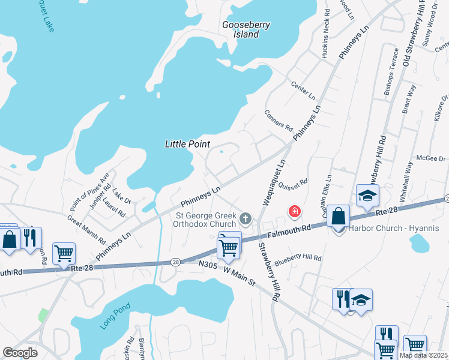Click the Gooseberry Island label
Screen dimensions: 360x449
pos(246,29)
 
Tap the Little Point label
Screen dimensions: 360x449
pos(188,144)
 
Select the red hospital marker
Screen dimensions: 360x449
pos(294,211)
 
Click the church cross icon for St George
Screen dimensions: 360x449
pos(245,217)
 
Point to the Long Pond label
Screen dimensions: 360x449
pos(113,317)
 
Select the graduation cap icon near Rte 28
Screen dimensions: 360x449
pos(367,196)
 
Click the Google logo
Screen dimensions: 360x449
pos(20,353)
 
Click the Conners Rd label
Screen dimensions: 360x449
pos(277,120)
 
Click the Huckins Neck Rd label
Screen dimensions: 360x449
pos(325,34)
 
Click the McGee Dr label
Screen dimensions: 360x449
pos(432,158)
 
